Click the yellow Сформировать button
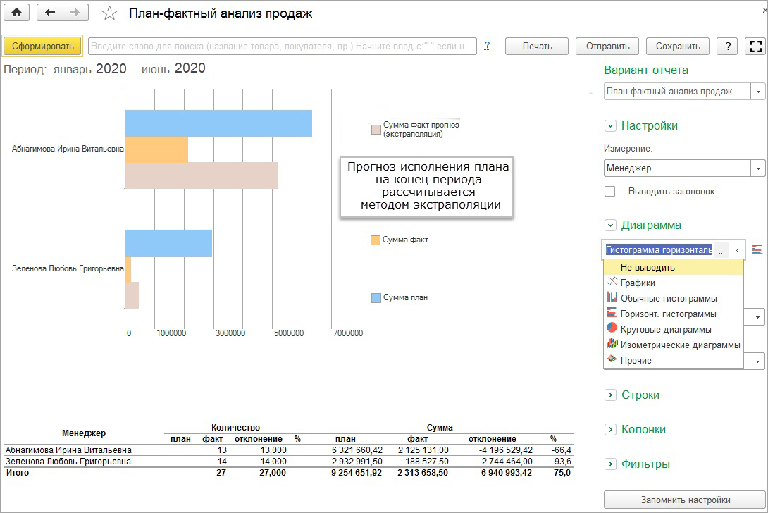pyautogui.click(x=42, y=46)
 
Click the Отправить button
pyautogui.click(x=607, y=46)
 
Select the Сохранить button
pyautogui.click(x=677, y=46)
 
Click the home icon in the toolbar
pyautogui.click(x=17, y=13)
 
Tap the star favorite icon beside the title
pyautogui.click(x=109, y=13)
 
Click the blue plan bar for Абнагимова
pyautogui.click(x=218, y=123)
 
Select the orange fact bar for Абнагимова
pyautogui.click(x=156, y=149)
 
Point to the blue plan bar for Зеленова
pyautogui.click(x=168, y=243)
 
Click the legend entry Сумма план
pyautogui.click(x=400, y=297)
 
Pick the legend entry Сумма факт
pyautogui.click(x=400, y=240)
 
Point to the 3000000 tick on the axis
pyautogui.click(x=230, y=333)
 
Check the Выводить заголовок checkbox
pyautogui.click(x=609, y=191)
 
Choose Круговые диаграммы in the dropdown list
pyautogui.click(x=666, y=329)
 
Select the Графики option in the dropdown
pyautogui.click(x=637, y=283)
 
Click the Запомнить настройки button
pyautogui.click(x=685, y=500)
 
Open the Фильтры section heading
pyautogui.click(x=645, y=464)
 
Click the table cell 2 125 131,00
pyautogui.click(x=423, y=450)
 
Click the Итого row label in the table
pyautogui.click(x=17, y=473)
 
